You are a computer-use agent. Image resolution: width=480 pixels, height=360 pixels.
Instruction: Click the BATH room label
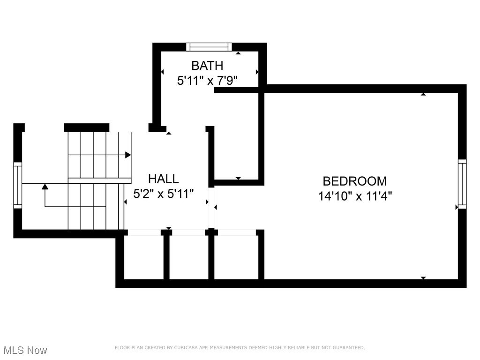[x=207, y=66]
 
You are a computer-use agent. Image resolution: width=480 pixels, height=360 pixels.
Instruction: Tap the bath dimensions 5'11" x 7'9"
[x=207, y=81]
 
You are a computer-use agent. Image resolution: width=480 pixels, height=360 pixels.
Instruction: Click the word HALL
[x=163, y=179]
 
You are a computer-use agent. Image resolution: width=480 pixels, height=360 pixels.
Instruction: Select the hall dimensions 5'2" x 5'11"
[x=163, y=194]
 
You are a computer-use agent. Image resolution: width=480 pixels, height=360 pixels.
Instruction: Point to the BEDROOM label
[x=355, y=181]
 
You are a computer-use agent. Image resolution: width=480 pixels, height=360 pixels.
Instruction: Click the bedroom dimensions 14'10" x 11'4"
[x=355, y=196]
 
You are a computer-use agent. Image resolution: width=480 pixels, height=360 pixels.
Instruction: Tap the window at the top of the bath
[x=209, y=47]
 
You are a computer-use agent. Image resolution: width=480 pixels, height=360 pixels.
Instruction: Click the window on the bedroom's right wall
[x=462, y=184]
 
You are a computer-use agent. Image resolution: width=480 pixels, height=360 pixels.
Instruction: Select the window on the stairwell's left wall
[x=18, y=185]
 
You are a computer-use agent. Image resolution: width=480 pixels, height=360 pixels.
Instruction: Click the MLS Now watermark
[x=25, y=350]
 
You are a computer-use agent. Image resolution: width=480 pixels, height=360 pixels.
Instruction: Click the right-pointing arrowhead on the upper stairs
[x=128, y=155]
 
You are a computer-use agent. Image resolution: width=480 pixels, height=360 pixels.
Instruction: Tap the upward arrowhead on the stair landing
[x=45, y=187]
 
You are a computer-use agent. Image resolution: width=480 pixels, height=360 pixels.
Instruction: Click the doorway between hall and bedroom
[x=212, y=207]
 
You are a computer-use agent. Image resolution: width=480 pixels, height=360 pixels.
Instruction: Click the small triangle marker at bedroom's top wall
[x=423, y=94]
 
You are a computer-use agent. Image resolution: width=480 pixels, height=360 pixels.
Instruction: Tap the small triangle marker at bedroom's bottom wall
[x=423, y=278]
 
